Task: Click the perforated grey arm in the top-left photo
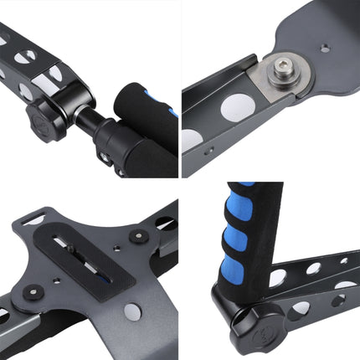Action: tap(33, 50)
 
